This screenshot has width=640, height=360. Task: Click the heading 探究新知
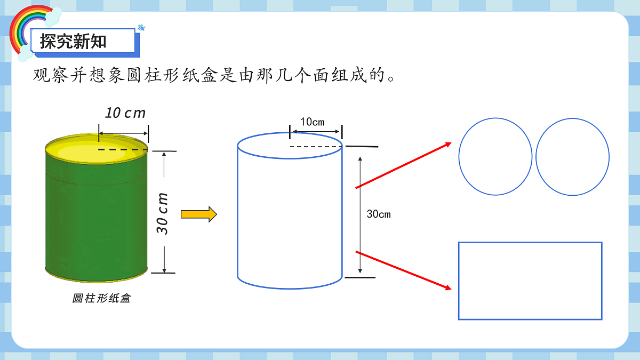[x=73, y=41]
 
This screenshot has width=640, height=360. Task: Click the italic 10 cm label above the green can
[x=125, y=113]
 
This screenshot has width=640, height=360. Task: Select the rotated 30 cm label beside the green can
[x=162, y=214]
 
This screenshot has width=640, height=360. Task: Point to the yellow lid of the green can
[x=97, y=149]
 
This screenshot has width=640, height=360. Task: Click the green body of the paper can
[x=97, y=220]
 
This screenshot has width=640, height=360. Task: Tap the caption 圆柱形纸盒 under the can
[x=101, y=298]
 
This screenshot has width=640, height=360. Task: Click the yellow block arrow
[x=199, y=214]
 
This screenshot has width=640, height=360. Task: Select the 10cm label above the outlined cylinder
[x=313, y=122]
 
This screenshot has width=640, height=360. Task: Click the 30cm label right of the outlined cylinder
[x=379, y=214]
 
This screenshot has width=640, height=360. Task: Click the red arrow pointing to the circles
[x=403, y=165]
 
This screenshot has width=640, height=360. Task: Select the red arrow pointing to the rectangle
[x=403, y=270]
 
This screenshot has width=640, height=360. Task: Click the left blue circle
[x=459, y=157]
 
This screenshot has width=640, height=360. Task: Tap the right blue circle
[x=536, y=157]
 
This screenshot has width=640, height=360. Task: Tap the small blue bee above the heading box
[x=141, y=28]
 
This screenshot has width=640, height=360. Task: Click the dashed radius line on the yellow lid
[x=123, y=149]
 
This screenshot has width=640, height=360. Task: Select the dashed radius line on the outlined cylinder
[x=316, y=147]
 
